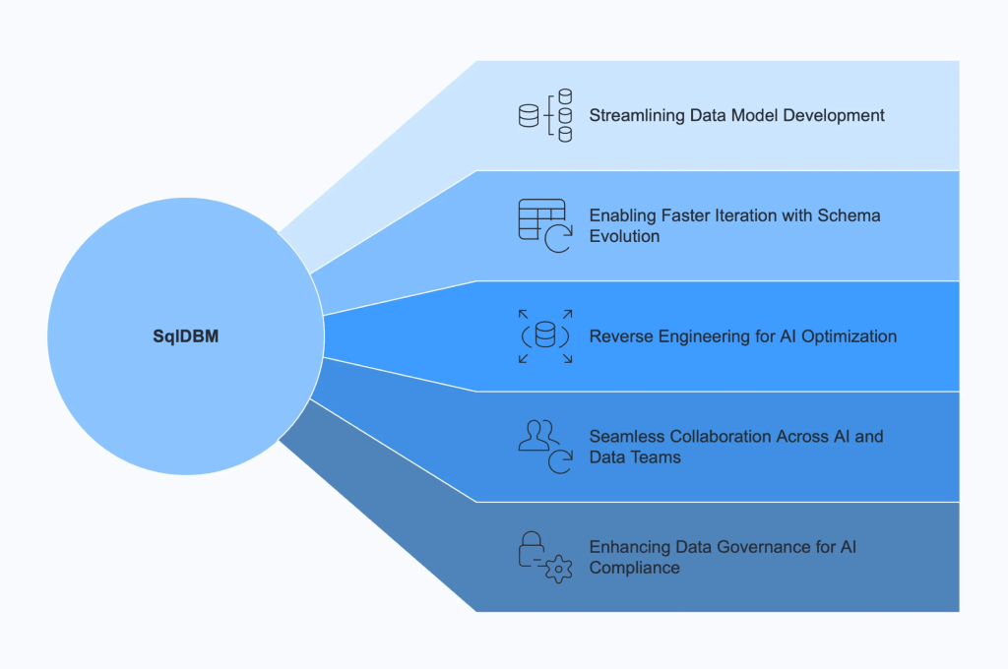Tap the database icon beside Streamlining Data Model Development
pos(544,115)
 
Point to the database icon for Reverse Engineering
pos(544,335)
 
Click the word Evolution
pos(624,236)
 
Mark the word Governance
pos(758,546)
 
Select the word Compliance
pos(635,568)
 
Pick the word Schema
pos(851,214)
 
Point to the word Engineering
pos(702,336)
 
